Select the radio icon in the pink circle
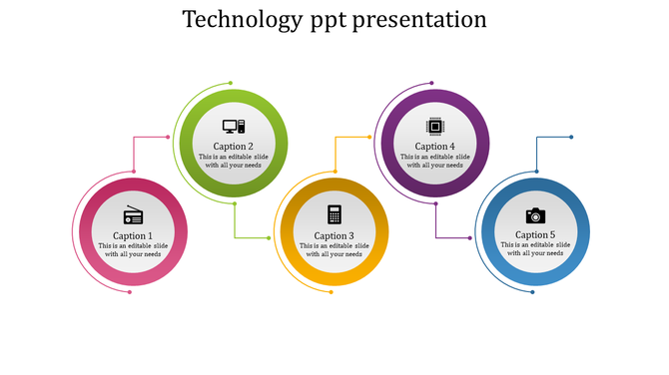point(134,214)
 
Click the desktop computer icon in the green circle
point(234,127)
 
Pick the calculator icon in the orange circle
point(334,214)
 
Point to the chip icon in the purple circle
point(434,127)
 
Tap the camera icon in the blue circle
point(535,214)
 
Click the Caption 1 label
point(133,236)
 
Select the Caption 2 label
point(234,147)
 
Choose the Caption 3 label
point(334,236)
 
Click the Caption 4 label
point(434,147)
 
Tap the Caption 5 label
point(535,235)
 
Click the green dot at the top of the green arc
point(231,83)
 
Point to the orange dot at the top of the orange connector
point(370,138)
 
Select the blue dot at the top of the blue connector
point(571,138)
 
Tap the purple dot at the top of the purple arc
point(433,84)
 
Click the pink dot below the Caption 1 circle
point(130,292)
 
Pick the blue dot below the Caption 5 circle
point(533,292)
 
